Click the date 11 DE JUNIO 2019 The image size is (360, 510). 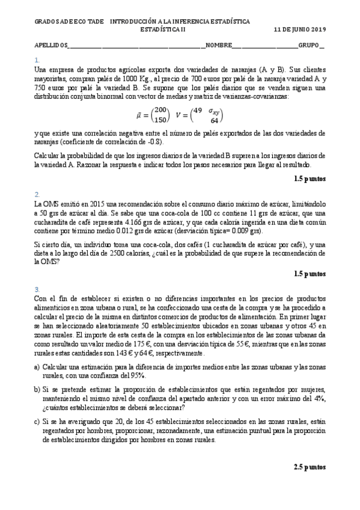(299, 29)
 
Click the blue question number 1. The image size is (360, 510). (37, 60)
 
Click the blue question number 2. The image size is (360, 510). (37, 194)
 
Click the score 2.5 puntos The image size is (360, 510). (310, 467)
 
